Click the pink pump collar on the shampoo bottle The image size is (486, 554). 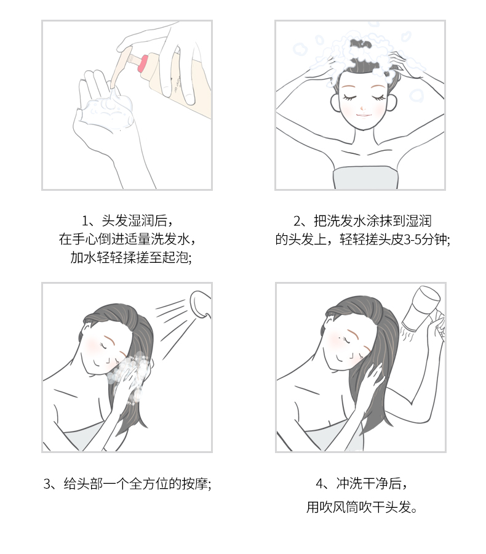coord(144,62)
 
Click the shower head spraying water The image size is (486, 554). coord(201,303)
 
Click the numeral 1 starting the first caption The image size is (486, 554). coord(86,220)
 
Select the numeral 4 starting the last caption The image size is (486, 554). coord(319,483)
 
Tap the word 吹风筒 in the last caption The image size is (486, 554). coord(348,508)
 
